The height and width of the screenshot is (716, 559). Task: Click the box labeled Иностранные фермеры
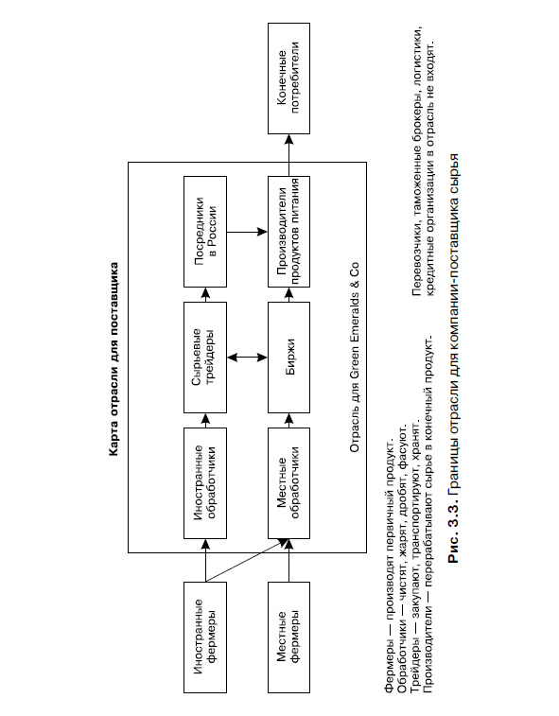[x=205, y=637]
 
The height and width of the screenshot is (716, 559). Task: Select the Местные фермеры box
[x=288, y=637]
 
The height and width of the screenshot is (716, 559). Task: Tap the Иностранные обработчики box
[x=205, y=483]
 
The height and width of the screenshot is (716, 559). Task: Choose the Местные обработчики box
[x=288, y=483]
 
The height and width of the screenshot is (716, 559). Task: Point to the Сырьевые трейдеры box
[x=205, y=358]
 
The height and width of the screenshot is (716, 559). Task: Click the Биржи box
[x=288, y=358]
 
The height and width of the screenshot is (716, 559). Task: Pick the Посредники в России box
[x=205, y=232]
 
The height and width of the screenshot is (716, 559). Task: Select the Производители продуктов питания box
[x=288, y=232]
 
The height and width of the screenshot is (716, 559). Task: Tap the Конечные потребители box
[x=288, y=79]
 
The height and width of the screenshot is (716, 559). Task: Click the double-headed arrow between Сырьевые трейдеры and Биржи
[x=247, y=358]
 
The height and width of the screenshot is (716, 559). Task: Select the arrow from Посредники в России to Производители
[x=247, y=232]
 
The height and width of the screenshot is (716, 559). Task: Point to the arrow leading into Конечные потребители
[x=288, y=155]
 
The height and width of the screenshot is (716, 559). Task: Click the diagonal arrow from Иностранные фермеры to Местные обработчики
[x=247, y=560]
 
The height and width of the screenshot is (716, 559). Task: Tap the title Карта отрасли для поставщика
[x=114, y=358]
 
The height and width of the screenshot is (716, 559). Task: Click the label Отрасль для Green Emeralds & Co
[x=355, y=358]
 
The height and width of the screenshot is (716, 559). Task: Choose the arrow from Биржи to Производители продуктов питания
[x=288, y=294]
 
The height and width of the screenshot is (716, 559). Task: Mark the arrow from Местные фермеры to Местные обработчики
[x=288, y=560]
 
